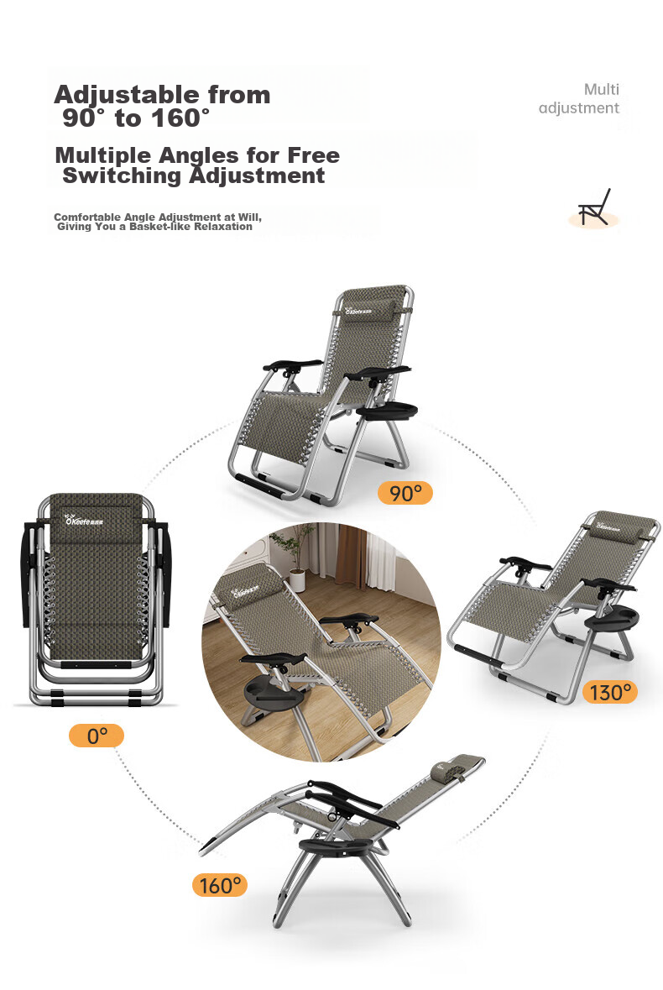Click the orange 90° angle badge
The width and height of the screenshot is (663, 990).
[x=405, y=492]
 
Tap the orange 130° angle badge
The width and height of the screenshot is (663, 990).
[x=609, y=692]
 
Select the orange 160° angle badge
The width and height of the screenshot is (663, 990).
[x=220, y=885]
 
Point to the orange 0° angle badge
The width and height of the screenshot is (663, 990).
[x=97, y=736]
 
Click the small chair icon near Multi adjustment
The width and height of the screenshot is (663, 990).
[x=595, y=207]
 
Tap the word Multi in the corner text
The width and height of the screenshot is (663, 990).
[x=601, y=89]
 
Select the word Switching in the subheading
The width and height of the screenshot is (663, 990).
[x=122, y=175]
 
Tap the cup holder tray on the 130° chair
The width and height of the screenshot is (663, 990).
[x=608, y=617]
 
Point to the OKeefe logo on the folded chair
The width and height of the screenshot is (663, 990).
[x=85, y=521]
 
